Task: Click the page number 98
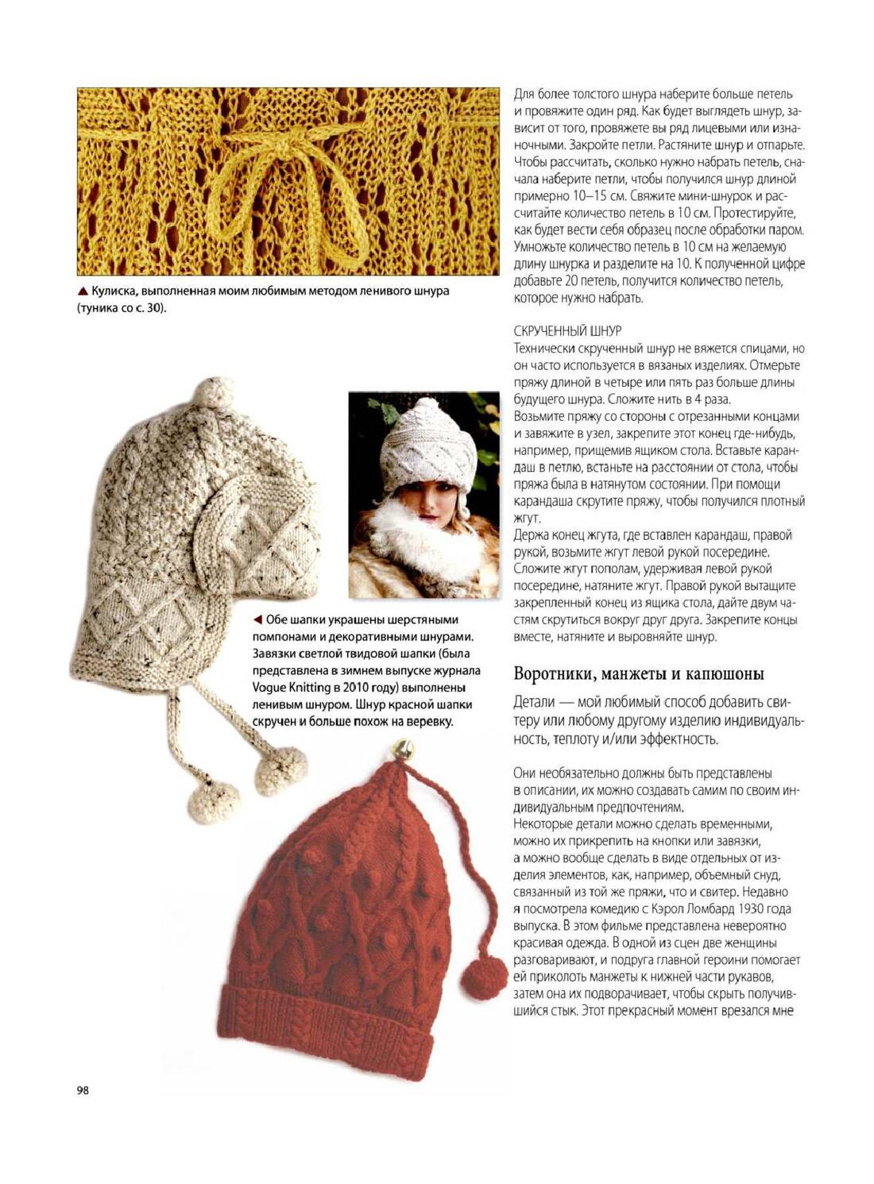pyautogui.click(x=83, y=1090)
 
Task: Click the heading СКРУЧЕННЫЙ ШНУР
pyautogui.click(x=567, y=330)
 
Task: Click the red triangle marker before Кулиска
pyautogui.click(x=83, y=291)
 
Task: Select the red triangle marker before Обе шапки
pyautogui.click(x=257, y=619)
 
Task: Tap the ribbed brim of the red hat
pyautogui.click(x=326, y=1032)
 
